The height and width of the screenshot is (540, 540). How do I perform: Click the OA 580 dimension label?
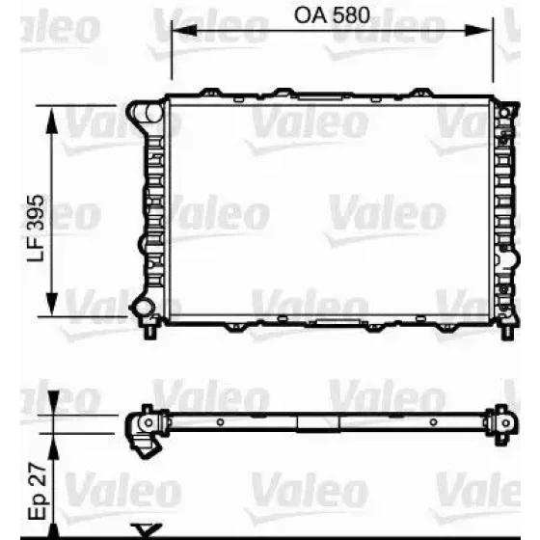(x=332, y=15)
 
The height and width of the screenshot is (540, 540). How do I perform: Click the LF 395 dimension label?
(x=36, y=229)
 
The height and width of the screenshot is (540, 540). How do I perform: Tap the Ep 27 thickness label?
(x=37, y=491)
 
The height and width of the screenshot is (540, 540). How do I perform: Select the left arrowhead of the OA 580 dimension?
(x=184, y=30)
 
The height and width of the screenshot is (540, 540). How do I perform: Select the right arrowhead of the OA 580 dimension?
(x=479, y=30)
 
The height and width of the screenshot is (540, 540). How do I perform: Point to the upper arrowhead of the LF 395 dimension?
(x=51, y=121)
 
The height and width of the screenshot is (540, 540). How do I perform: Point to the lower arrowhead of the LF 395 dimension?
(x=51, y=303)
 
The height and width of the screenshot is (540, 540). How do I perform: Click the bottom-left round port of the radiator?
(x=143, y=308)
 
